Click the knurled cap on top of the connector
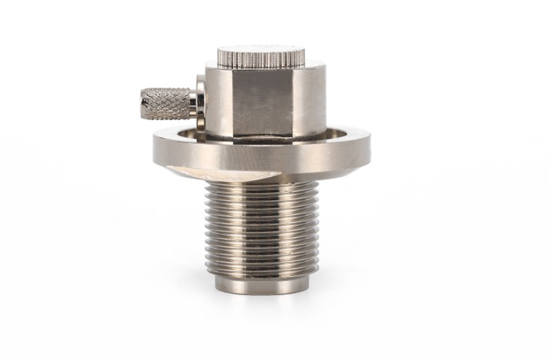coord(261,58)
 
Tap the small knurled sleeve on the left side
coord(165,104)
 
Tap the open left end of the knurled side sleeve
coord(142,104)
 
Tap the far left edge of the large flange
coord(155,147)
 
